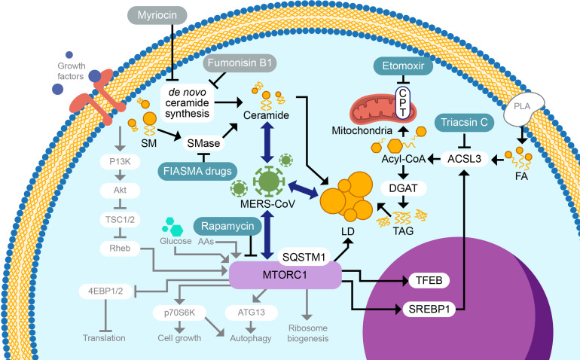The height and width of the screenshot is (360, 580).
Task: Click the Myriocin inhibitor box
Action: [x=157, y=15]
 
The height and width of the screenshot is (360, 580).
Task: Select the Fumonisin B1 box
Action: [x=240, y=63]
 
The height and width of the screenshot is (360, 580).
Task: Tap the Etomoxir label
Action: [x=403, y=66]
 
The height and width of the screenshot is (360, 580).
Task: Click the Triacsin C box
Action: [x=464, y=123]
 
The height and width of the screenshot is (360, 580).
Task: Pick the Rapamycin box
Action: [x=227, y=226]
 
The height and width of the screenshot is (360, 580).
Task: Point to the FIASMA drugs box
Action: [x=197, y=171]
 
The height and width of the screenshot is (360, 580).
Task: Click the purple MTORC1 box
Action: [x=285, y=275]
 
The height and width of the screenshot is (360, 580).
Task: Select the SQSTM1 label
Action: [x=304, y=257]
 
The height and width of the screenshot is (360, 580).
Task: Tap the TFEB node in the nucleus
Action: [x=429, y=280]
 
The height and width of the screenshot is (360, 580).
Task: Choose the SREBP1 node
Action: [x=429, y=309]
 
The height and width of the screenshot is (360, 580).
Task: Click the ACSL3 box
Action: [x=465, y=159]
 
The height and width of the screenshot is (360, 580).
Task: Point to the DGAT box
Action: [x=403, y=188]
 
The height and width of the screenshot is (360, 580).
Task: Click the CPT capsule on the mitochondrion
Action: [x=403, y=103]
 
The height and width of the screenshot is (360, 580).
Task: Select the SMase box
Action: [x=203, y=143]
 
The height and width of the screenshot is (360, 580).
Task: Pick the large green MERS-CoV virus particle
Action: [x=269, y=181]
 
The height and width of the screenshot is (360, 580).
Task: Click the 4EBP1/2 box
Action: [x=105, y=291]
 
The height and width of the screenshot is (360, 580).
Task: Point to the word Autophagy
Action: [x=251, y=338]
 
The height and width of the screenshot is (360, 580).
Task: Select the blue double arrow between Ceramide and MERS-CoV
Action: [x=267, y=142]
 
